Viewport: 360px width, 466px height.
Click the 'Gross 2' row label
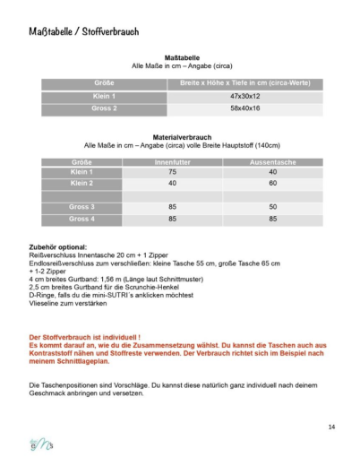pyautogui.click(x=104, y=108)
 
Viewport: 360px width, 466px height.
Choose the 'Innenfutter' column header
pyautogui.click(x=172, y=162)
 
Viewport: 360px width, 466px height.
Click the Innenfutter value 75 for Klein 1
pyautogui.click(x=172, y=171)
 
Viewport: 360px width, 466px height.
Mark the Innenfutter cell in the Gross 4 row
pyautogui.click(x=172, y=219)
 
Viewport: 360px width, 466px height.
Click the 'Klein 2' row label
pyautogui.click(x=81, y=183)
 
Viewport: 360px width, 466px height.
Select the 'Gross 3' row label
pyautogui.click(x=81, y=207)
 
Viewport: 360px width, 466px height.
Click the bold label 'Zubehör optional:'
pyautogui.click(x=58, y=246)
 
